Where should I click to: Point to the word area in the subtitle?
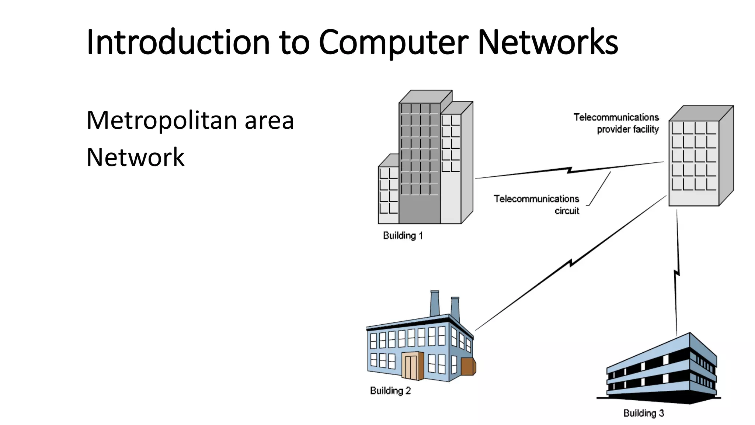tap(269, 121)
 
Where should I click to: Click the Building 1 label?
tap(403, 236)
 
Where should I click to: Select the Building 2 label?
tap(390, 391)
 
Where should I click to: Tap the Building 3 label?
tap(644, 413)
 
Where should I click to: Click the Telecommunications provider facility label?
tap(616, 123)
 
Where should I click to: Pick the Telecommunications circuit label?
tap(537, 204)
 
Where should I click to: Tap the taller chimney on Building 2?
tap(435, 303)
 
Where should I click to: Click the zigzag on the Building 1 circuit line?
tap(570, 170)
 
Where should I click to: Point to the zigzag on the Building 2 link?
tap(571, 263)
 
